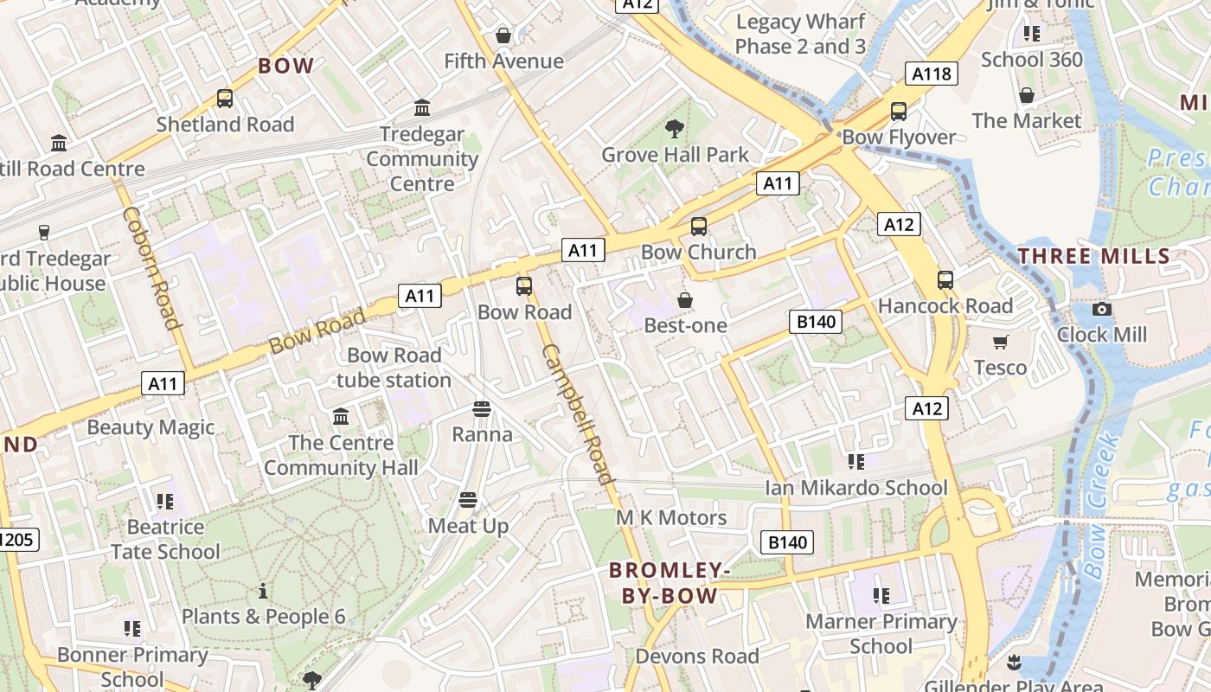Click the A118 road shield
coord(932,74)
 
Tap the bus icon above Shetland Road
coord(225,99)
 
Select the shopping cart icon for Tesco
coord(1001,343)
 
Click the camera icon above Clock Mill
coord(1102,309)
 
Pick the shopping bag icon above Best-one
coord(685,300)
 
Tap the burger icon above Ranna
coord(482,408)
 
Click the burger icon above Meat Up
coord(468,499)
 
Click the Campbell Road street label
coord(578,413)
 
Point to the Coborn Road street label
coord(151,267)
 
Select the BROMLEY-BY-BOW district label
coord(670,583)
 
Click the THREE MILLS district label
coord(1094,256)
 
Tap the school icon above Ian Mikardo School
coord(856,462)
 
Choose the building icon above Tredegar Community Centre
coord(422,108)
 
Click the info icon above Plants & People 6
coord(263,592)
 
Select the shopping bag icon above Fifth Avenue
coord(503,35)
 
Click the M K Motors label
coord(671,518)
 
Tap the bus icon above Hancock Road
coord(945,280)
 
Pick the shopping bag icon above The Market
coord(1027,95)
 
